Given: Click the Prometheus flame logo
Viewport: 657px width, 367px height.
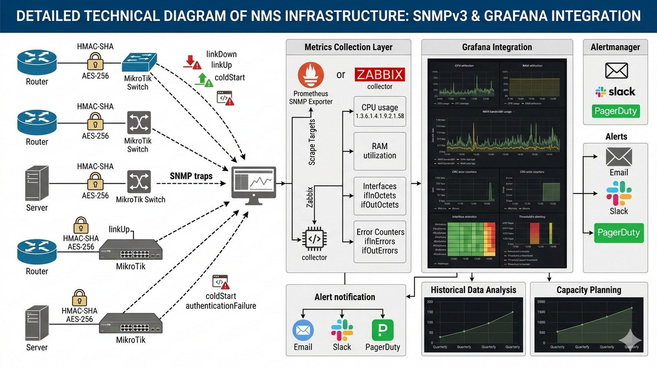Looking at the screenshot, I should pos(311,75).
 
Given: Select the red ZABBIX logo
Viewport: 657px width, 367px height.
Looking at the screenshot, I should pos(379,74).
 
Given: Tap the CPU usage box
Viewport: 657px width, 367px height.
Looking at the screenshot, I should pos(380,111).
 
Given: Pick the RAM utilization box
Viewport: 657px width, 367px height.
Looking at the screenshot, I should pos(380,151).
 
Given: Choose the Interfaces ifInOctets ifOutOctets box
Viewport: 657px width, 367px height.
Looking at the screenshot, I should pos(380,196).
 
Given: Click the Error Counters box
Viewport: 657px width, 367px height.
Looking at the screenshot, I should pos(380,241).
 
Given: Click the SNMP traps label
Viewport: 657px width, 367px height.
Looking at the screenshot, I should pos(191,176).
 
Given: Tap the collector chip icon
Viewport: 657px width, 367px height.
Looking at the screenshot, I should pos(314,239).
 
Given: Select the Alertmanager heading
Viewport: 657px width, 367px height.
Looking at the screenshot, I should pos(615,47).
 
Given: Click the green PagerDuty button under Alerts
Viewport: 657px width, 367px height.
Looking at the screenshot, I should pos(619,233).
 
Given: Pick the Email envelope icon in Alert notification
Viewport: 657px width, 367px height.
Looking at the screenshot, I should pos(303,330).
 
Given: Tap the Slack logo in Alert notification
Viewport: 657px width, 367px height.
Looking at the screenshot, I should pos(342,330).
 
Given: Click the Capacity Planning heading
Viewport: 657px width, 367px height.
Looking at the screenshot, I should pos(589,290).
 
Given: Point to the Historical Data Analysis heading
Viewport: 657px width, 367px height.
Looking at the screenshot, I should pos(473,290).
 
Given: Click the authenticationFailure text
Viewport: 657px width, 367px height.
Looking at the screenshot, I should pos(221,306).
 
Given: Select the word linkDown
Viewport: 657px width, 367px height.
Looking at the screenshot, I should pos(221,54).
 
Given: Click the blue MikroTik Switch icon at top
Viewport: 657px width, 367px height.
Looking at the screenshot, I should pos(139,62).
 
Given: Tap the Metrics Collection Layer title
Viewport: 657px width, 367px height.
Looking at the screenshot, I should pos(348,47).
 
